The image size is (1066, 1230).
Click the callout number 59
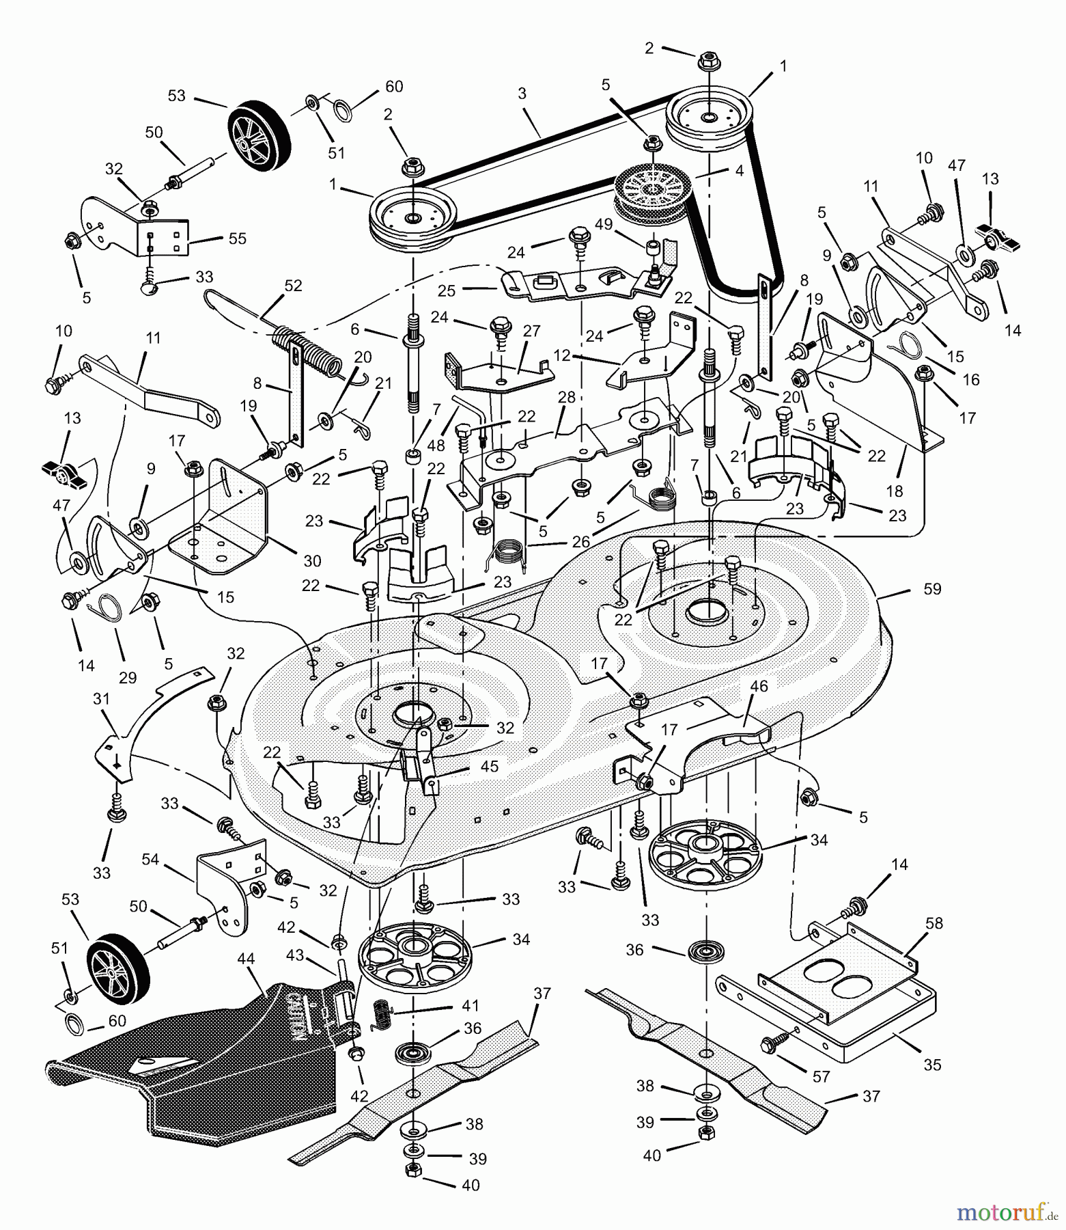tap(931, 588)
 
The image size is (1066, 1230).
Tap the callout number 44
tap(246, 959)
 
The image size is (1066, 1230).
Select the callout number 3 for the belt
tap(522, 94)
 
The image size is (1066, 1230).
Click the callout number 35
tap(931, 1065)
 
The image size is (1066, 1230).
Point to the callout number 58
tap(934, 923)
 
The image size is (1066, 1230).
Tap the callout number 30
tap(312, 561)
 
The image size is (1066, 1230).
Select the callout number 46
tap(759, 686)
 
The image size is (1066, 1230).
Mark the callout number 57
tap(821, 1077)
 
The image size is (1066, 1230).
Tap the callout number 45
tap(489, 766)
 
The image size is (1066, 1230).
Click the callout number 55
tap(238, 238)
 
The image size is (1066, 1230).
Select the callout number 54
tap(150, 859)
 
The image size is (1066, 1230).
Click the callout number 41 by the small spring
tap(470, 1006)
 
